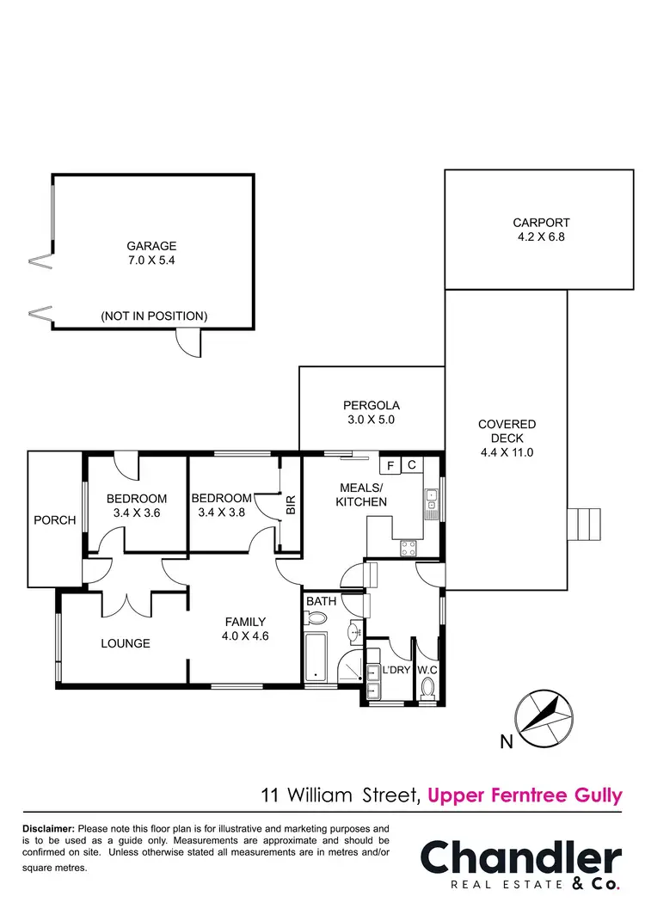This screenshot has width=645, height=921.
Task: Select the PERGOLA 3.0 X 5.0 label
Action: point(372,413)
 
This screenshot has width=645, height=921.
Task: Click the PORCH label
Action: point(54,520)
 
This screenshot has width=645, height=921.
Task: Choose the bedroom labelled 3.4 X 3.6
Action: point(136,506)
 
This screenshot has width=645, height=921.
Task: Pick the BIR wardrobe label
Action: point(291,505)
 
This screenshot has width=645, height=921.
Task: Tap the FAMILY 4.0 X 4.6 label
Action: point(245,629)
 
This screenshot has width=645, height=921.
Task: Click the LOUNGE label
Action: point(125,643)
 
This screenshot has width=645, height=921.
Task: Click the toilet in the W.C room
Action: point(428,686)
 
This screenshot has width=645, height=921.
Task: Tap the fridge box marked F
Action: point(390,465)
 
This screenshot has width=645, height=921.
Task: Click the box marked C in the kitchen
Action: point(412,465)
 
